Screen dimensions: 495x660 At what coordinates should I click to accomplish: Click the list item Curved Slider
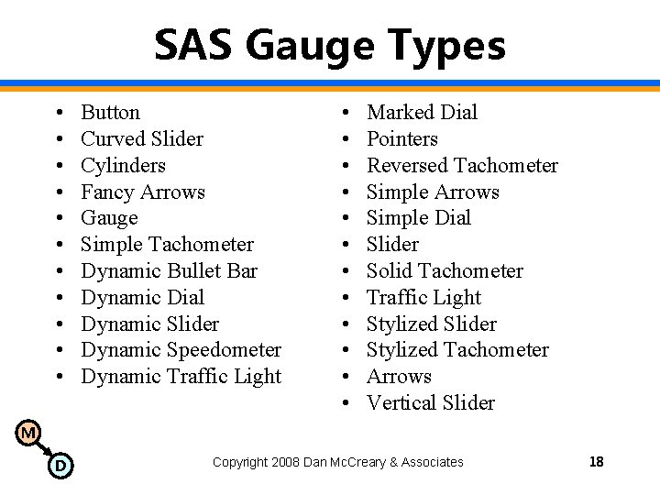point(142,139)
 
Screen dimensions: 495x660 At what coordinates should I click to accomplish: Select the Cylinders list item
point(123,166)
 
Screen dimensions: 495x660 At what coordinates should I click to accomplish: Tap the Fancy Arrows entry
point(142,192)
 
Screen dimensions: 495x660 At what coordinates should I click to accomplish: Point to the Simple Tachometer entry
point(167,245)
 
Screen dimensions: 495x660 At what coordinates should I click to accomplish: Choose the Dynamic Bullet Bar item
point(169,271)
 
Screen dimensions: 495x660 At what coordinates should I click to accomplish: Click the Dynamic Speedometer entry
point(181,350)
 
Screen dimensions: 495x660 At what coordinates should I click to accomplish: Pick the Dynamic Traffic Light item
point(181,377)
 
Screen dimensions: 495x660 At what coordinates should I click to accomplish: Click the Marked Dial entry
point(422,113)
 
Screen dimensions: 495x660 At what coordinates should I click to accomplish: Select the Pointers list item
point(401,139)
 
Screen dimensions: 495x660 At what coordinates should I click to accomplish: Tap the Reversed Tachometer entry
point(462,166)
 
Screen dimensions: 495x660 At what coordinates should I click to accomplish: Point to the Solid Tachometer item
point(445,271)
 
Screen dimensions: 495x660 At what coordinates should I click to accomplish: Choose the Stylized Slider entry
point(431,324)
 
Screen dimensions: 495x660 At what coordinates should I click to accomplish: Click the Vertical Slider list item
point(430,403)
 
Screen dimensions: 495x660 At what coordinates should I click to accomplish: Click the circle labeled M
point(28,433)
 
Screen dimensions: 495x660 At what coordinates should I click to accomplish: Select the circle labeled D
point(60,466)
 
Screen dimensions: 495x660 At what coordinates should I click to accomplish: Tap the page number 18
point(596,462)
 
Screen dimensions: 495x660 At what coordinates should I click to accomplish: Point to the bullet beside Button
point(57,113)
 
